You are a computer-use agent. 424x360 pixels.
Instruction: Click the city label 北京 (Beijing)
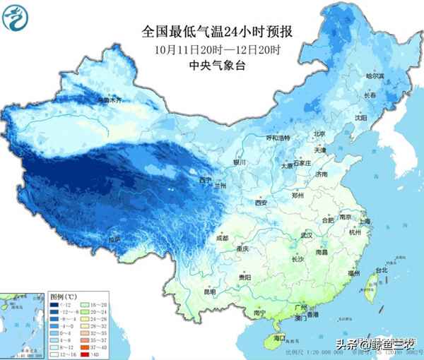319,134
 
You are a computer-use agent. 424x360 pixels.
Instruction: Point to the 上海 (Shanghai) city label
365,221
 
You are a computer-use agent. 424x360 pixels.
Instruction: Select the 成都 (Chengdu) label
222,239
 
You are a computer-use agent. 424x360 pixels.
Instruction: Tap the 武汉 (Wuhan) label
306,235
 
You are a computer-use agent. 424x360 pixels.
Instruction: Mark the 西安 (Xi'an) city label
261,203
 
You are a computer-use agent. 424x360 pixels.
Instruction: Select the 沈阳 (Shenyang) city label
361,117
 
